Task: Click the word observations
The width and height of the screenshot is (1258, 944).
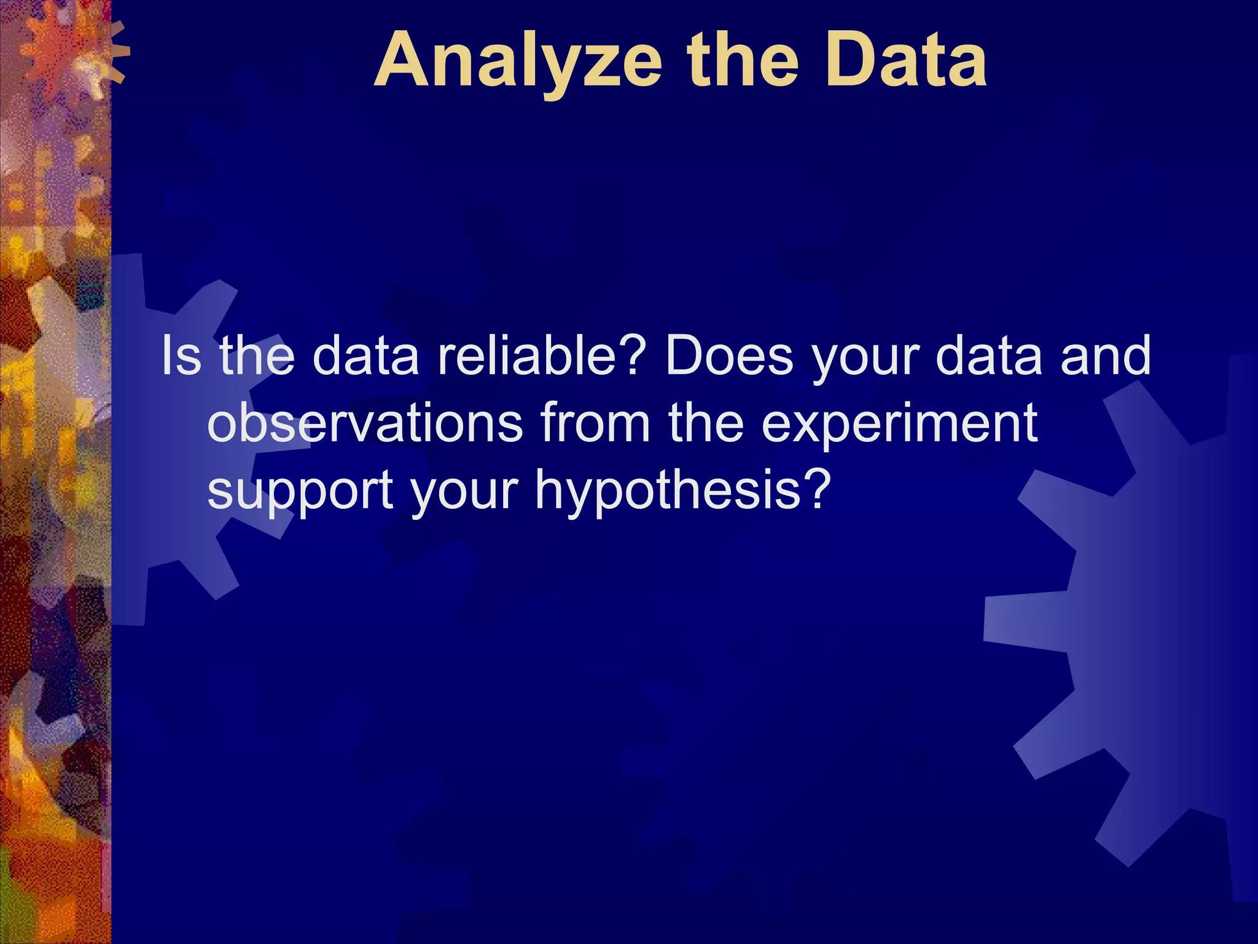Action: (x=365, y=423)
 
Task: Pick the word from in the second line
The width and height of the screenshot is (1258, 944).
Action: (x=595, y=423)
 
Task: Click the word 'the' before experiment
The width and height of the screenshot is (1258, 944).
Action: (x=706, y=423)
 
